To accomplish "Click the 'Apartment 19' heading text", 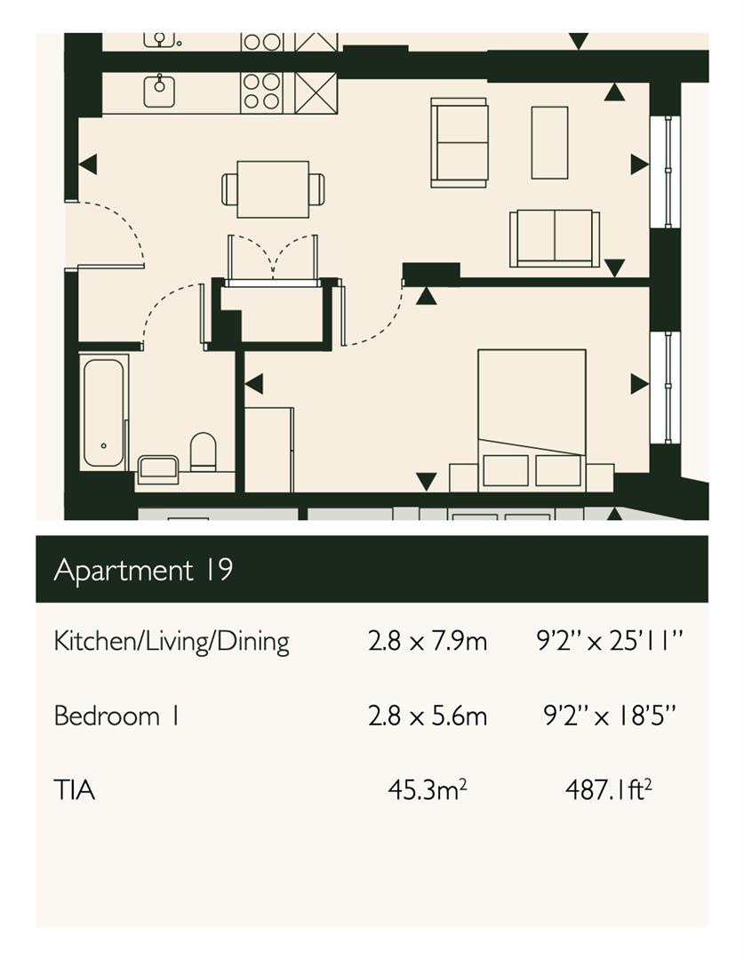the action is click(143, 570).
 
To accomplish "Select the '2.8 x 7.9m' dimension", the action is click(428, 641).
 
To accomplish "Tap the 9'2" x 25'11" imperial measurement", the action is click(609, 641).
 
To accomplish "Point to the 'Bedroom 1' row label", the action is click(116, 715).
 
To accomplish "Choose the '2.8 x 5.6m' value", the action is click(428, 715).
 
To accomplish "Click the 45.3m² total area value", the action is click(428, 789).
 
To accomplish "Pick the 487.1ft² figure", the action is click(608, 789).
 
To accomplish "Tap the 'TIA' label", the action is click(74, 790).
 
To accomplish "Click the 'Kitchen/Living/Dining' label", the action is click(172, 642).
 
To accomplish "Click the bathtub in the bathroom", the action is click(103, 412).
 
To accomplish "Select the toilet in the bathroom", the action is click(204, 452).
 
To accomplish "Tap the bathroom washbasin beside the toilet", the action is click(158, 469).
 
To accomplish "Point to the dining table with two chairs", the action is click(273, 189).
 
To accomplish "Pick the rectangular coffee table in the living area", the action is click(549, 142).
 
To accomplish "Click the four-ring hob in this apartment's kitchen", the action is click(262, 92).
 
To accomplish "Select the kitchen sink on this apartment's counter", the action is click(159, 91).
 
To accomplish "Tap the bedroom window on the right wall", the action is click(665, 387).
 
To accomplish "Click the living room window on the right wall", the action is click(665, 172).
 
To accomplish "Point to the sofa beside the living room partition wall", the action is click(555, 238).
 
